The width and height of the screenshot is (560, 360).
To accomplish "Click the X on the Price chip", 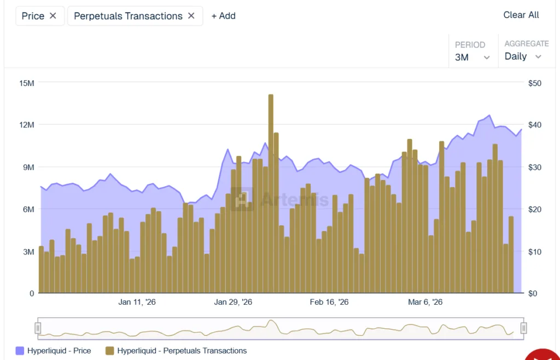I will [53, 16].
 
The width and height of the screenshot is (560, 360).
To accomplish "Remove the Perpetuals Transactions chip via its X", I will [191, 16].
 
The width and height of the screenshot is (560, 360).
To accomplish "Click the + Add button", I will [223, 16].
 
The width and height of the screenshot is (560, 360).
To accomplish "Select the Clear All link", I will [521, 15].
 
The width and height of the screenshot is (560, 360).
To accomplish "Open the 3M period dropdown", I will [472, 57].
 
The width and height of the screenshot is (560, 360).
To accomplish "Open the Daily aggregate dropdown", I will [522, 56].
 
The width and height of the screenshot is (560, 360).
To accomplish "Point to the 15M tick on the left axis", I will [27, 83].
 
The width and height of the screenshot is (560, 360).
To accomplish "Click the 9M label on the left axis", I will [28, 167].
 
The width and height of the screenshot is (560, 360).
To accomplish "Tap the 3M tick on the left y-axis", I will [28, 252].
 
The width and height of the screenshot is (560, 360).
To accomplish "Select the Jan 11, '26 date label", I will [137, 302].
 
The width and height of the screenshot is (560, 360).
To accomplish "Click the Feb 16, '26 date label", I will [329, 302].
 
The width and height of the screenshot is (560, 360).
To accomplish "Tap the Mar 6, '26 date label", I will [425, 302].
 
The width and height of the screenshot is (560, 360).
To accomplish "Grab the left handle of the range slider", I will [38, 328].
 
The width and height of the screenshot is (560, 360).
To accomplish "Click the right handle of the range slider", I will [523, 328].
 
